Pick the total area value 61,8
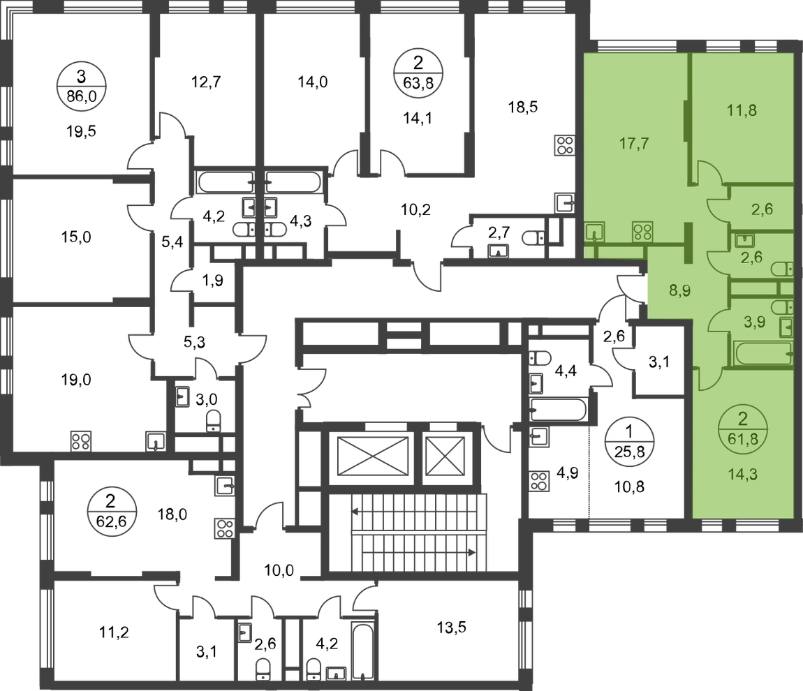(x=743, y=440)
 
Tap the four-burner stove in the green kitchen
(x=642, y=232)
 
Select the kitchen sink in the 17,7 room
(x=595, y=232)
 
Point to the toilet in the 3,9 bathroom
(x=783, y=307)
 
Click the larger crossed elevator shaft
(x=371, y=458)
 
